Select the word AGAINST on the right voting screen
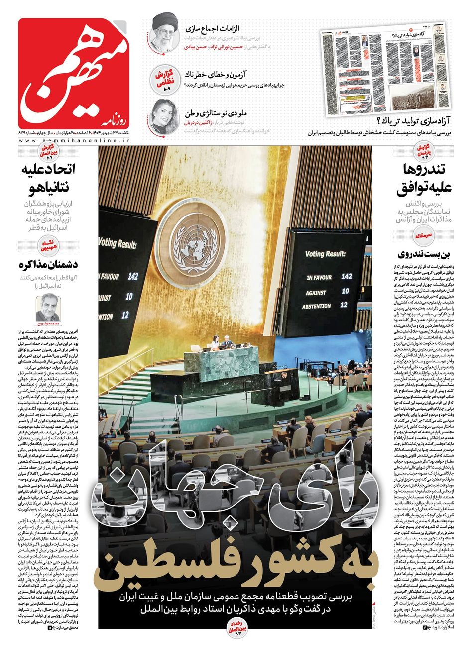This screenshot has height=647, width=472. [x=317, y=293]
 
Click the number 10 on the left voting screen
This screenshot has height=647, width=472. [x=129, y=297]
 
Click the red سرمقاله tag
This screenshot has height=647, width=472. [x=427, y=234]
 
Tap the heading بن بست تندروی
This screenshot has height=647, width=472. [x=424, y=254]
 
